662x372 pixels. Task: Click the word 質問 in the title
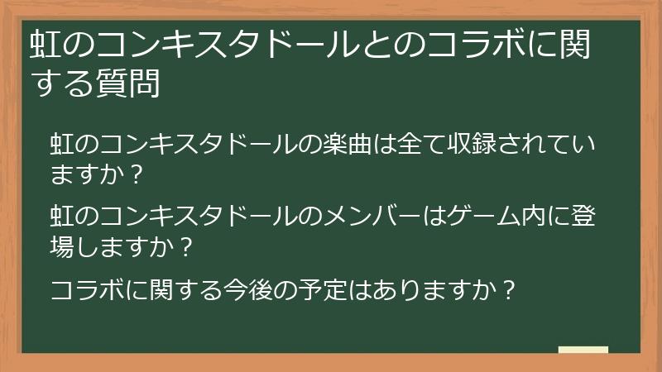point(132,84)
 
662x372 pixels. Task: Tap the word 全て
point(416,144)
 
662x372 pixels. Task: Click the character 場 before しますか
point(63,246)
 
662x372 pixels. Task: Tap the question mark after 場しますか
point(186,246)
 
